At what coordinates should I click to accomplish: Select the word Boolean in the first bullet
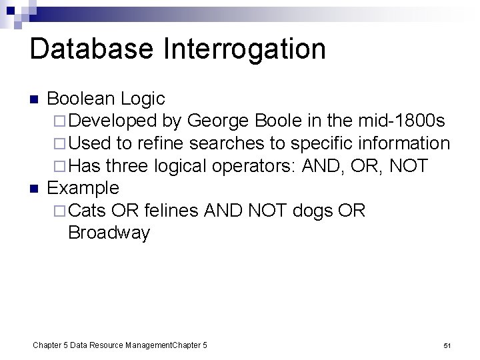[83, 99]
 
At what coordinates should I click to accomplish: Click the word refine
[164, 143]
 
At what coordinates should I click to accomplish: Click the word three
[127, 166]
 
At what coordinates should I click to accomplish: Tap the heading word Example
[83, 188]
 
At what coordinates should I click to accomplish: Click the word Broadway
[109, 233]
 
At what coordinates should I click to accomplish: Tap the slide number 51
[447, 345]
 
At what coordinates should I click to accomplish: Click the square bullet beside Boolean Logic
[35, 100]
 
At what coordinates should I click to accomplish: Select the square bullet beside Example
[35, 189]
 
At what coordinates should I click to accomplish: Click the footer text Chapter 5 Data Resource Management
[102, 345]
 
